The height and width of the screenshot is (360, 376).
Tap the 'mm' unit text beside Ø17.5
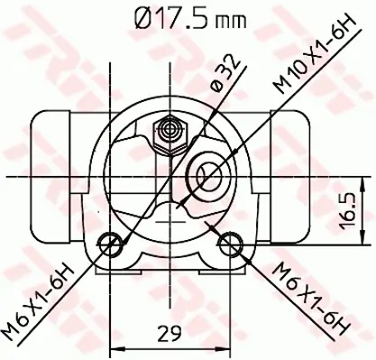234,20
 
